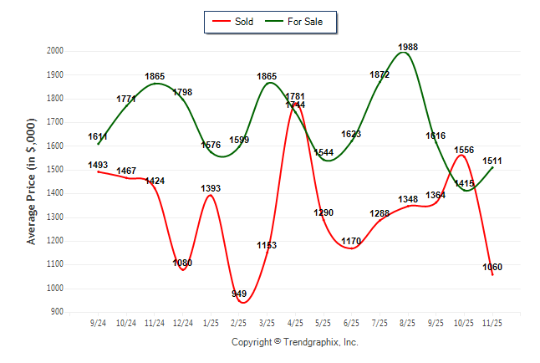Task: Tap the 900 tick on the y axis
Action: click(x=56, y=312)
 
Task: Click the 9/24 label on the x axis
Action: click(x=98, y=322)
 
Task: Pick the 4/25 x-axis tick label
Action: click(x=295, y=322)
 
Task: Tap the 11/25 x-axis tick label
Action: click(x=492, y=322)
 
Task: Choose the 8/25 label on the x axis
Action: click(x=408, y=322)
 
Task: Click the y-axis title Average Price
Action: click(x=32, y=181)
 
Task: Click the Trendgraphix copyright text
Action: click(x=294, y=342)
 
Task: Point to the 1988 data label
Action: click(x=408, y=47)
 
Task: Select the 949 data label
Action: click(x=239, y=294)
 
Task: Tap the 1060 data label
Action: click(x=492, y=268)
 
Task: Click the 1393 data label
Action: click(x=211, y=188)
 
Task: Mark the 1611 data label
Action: click(x=99, y=135)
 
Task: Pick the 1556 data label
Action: click(x=464, y=150)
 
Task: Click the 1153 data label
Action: click(x=267, y=246)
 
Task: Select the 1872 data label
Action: click(x=380, y=74)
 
